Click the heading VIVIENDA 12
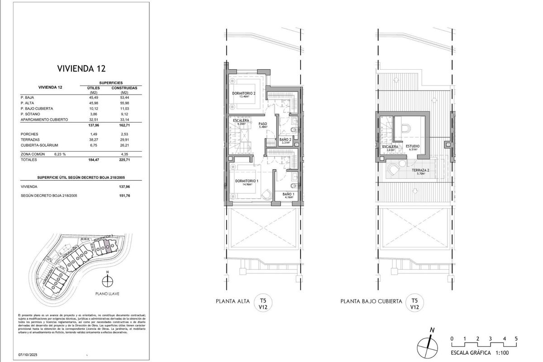click(x=81, y=69)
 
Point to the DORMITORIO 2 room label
click(x=244, y=94)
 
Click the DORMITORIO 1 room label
click(x=247, y=181)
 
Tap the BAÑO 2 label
click(x=285, y=139)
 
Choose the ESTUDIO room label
click(x=413, y=147)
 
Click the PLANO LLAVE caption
click(x=107, y=293)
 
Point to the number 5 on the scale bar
click(x=516, y=338)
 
